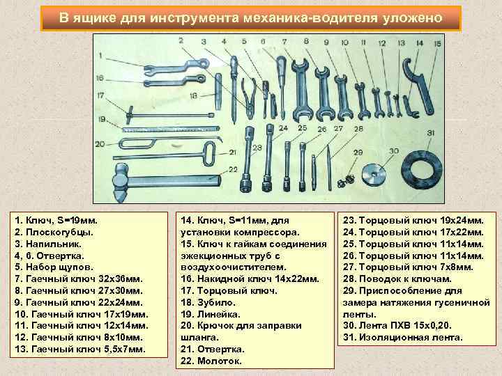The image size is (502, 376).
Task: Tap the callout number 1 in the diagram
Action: pos(101,54)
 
